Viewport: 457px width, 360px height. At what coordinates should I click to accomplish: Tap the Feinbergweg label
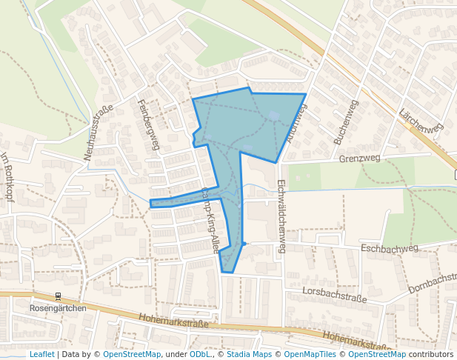tap(149, 124)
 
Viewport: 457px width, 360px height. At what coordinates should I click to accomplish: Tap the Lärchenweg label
tap(421, 121)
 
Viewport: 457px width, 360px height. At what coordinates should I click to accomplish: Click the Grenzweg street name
tap(359, 158)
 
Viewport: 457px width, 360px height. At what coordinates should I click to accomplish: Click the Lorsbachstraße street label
tap(335, 295)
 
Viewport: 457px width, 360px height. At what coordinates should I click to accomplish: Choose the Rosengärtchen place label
tap(58, 308)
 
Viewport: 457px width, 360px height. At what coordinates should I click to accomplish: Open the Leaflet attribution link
tap(41, 354)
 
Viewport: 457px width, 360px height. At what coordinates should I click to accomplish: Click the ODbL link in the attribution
tap(199, 354)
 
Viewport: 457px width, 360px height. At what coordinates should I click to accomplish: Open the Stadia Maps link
tap(249, 354)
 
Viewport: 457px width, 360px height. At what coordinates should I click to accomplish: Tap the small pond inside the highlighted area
tap(274, 115)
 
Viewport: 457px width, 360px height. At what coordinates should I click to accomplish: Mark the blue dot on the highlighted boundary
tap(244, 244)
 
